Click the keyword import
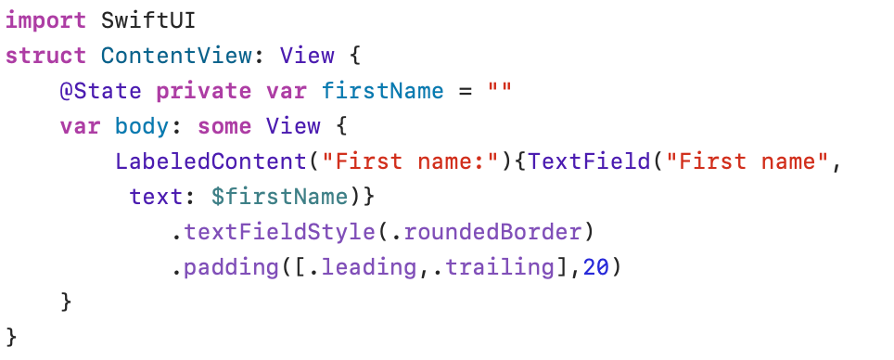click(x=45, y=21)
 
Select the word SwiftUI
click(x=148, y=20)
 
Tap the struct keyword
click(x=45, y=56)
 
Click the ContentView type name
click(x=176, y=56)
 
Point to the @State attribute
click(x=101, y=91)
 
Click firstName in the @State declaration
click(x=383, y=91)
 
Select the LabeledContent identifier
click(x=211, y=162)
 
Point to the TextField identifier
click(x=588, y=162)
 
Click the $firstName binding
click(x=279, y=198)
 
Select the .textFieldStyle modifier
click(x=273, y=233)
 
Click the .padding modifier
click(x=225, y=268)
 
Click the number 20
click(x=596, y=268)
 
